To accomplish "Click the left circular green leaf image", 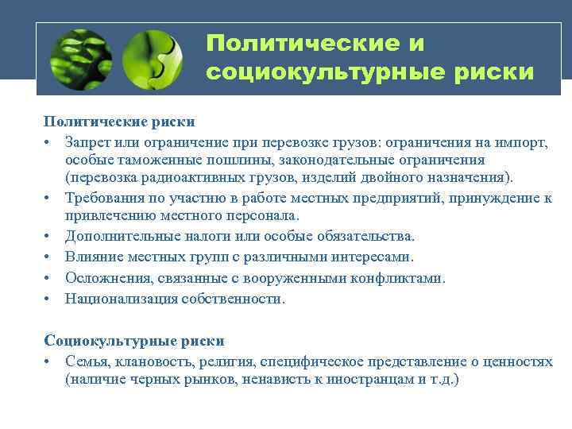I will (x=80, y=59).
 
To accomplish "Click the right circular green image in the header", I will (x=154, y=59).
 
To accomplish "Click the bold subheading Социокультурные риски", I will (x=134, y=341).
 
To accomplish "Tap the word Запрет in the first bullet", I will (x=89, y=141).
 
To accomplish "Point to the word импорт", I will (x=520, y=141).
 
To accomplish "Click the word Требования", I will (x=102, y=198).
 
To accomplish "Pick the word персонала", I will (x=261, y=215).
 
